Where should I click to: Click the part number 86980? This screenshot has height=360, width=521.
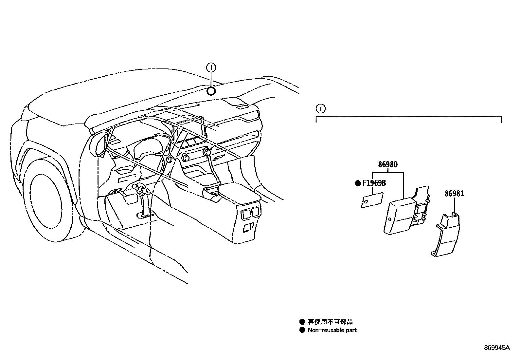point(388,164)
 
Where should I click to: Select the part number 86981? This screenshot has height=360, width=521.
point(454,194)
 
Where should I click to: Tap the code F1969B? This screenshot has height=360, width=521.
point(374,183)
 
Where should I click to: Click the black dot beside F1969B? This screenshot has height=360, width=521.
point(358,183)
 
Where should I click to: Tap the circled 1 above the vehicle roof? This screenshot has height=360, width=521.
point(211,68)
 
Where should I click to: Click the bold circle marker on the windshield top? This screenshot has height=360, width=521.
point(211,91)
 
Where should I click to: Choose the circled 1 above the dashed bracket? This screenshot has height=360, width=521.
point(320,108)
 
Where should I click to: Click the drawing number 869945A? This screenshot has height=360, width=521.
point(497,348)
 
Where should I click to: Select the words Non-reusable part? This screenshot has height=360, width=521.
point(332,330)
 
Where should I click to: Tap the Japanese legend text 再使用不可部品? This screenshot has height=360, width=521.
point(330,322)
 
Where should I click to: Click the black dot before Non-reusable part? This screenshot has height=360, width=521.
point(302,330)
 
